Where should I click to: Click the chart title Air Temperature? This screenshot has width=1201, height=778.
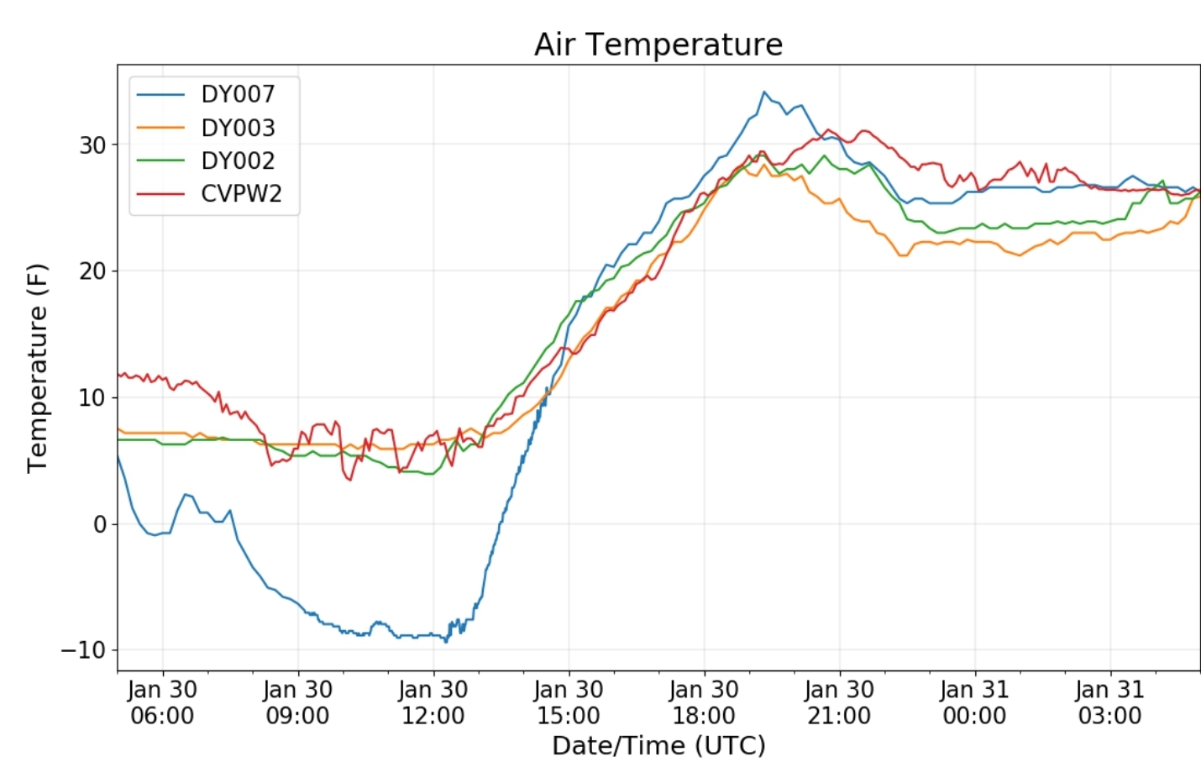click(x=658, y=45)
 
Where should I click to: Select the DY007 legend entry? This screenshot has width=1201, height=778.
click(x=238, y=94)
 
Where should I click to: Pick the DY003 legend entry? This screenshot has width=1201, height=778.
click(x=238, y=128)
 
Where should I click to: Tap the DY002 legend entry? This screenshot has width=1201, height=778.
click(x=238, y=160)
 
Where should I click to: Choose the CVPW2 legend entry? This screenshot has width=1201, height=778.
click(x=241, y=193)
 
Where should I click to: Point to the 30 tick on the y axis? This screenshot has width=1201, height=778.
click(x=92, y=145)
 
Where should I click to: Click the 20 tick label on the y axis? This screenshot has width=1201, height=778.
click(x=92, y=271)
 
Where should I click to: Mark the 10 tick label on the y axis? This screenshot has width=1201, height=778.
click(x=92, y=397)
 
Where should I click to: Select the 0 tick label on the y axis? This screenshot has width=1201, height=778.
click(x=100, y=524)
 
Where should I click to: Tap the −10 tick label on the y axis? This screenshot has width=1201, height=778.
click(x=84, y=650)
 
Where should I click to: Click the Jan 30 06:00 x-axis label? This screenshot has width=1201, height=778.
click(x=162, y=702)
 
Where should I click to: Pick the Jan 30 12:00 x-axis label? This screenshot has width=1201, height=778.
click(x=433, y=702)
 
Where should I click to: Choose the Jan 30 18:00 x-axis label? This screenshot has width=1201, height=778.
click(x=704, y=702)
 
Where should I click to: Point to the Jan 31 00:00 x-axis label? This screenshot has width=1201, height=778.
click(x=974, y=702)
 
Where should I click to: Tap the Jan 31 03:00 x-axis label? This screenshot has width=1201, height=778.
click(x=1109, y=702)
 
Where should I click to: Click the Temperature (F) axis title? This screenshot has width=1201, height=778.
click(x=37, y=368)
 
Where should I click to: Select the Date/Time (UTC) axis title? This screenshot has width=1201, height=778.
click(x=658, y=745)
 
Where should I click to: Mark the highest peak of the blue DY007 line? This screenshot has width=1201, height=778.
click(x=763, y=92)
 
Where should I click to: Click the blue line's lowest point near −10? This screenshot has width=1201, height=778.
click(x=446, y=642)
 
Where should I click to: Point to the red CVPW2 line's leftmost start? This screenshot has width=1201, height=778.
click(x=118, y=375)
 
